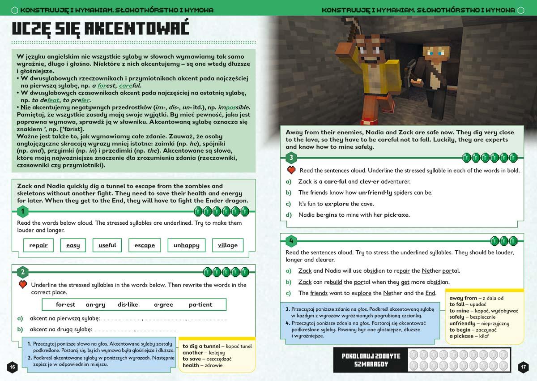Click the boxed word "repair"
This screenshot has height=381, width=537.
coord(38,245)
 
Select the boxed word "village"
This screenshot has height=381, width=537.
coord(228,245)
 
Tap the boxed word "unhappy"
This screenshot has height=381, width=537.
coord(187,245)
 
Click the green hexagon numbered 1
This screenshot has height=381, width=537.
coord(22,211)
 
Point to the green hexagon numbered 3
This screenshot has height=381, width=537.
coord(291,158)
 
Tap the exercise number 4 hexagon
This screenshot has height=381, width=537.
coord(291,241)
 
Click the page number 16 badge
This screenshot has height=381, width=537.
coord(12,367)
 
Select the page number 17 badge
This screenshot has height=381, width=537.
coord(524,367)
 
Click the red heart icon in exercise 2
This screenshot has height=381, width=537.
coord(22,284)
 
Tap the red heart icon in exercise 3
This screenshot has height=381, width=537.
coord(291,170)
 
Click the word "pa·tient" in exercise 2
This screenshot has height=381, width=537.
coord(200,304)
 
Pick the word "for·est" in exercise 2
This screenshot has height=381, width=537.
coord(65,304)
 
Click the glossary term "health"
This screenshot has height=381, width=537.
coord(191,365)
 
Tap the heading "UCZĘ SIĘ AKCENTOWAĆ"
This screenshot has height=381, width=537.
coord(100,28)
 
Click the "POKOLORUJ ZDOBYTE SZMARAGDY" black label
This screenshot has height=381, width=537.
coord(371,360)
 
